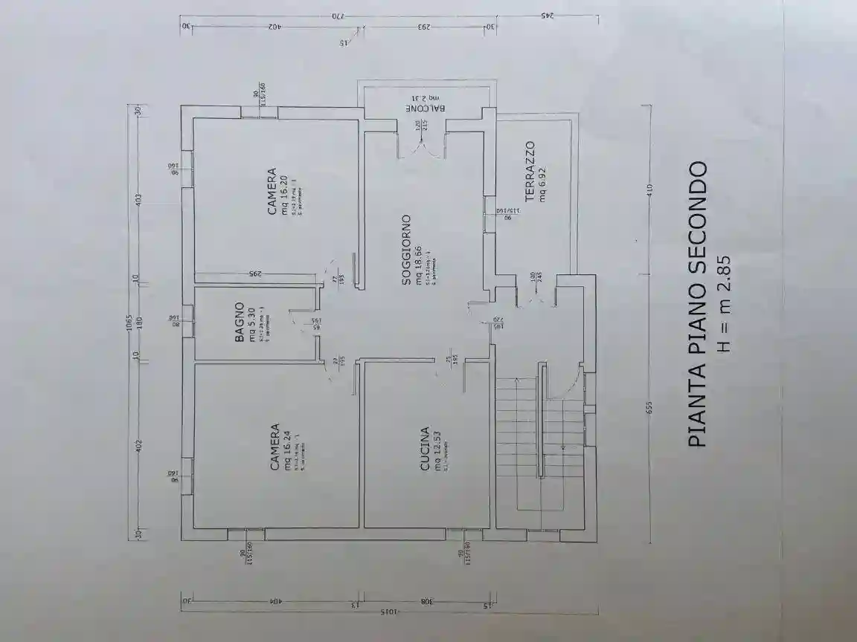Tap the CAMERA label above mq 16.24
point(275,447)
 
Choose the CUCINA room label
point(425,448)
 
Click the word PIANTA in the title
point(696,405)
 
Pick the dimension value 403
point(136,201)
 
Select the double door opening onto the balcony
point(422,145)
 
